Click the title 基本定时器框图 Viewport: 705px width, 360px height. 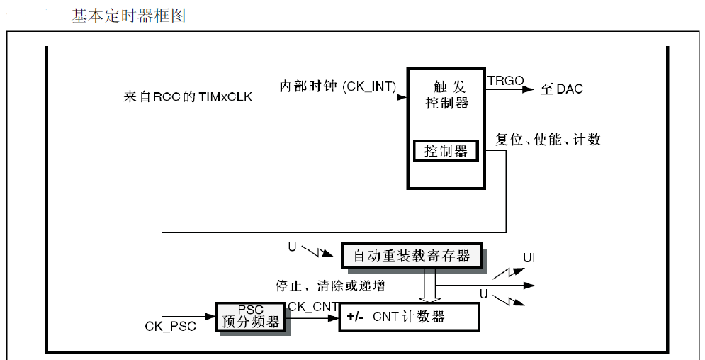point(128,15)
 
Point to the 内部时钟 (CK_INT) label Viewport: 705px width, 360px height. point(337,86)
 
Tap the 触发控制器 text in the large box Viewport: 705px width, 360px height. point(446,94)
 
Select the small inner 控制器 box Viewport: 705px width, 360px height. point(446,151)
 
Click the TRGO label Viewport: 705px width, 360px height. point(505,81)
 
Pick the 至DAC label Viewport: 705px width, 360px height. point(562,89)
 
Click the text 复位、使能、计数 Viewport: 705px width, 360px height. point(548,139)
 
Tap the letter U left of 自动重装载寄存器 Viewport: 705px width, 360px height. point(292,247)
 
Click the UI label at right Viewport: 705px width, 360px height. point(529,257)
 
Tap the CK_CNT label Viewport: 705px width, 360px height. point(312,306)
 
